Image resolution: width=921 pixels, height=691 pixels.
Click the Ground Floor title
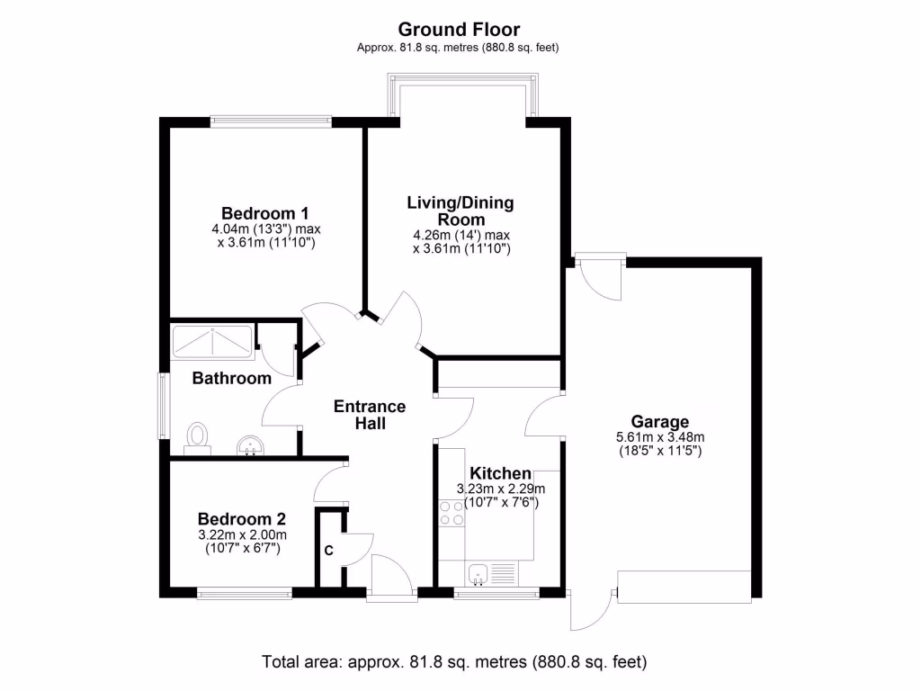click(x=460, y=30)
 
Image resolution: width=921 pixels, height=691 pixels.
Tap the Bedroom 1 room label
click(x=265, y=213)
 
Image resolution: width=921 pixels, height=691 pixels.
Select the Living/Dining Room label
click(x=461, y=211)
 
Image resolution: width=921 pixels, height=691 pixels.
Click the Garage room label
click(x=659, y=421)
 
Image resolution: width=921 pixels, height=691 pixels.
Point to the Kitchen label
click(x=500, y=473)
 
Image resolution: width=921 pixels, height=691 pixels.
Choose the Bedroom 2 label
click(x=242, y=519)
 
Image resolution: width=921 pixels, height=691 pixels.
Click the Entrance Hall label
click(x=370, y=415)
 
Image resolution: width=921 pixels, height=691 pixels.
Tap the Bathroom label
click(x=232, y=378)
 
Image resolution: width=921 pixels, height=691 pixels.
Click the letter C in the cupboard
click(x=328, y=551)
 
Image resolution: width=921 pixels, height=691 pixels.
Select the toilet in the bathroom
click(x=197, y=436)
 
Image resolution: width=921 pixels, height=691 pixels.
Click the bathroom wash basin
click(x=249, y=444)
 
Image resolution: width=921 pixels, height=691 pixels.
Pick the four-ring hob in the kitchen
click(x=451, y=514)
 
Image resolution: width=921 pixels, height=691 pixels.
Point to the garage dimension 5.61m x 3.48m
click(x=659, y=437)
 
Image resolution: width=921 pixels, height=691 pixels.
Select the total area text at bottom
click(x=454, y=662)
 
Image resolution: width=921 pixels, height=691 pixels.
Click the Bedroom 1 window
click(x=271, y=119)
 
